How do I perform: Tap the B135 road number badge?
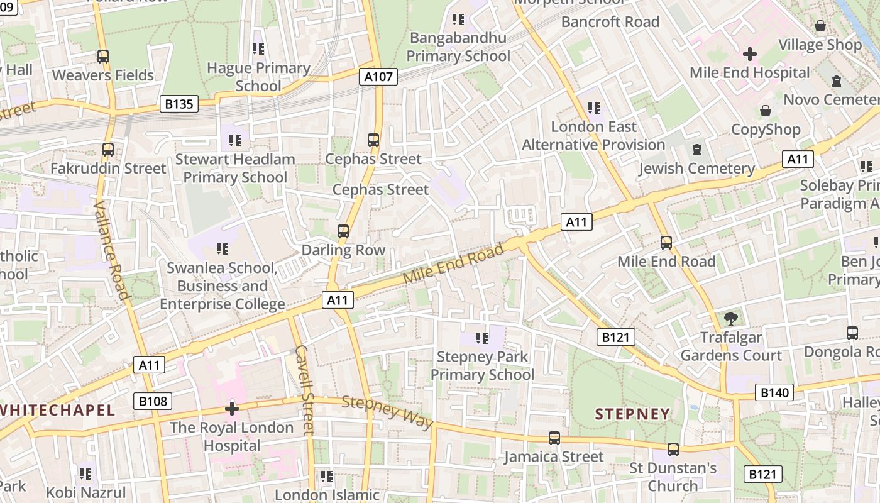coord(179,104)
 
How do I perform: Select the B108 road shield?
coord(153,401)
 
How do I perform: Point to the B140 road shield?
coord(774,393)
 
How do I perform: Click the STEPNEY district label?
coord(632,414)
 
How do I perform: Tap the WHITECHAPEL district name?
coord(58,411)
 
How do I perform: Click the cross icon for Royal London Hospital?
coord(232,409)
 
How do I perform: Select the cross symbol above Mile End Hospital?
coord(749,53)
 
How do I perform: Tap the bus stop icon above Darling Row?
coord(343,231)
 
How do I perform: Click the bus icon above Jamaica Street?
coord(554,438)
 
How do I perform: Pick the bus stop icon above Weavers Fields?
coord(103,57)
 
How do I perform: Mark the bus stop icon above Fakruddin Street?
coord(108,150)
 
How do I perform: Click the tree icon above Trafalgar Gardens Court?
coord(730,319)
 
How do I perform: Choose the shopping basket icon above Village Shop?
coord(820,26)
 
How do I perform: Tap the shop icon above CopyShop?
coord(765,111)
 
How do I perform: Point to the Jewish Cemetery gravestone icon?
coord(696,150)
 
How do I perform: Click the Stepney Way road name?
coord(387,412)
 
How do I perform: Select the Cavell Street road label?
coord(304,390)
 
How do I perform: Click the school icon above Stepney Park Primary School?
coord(482,338)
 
